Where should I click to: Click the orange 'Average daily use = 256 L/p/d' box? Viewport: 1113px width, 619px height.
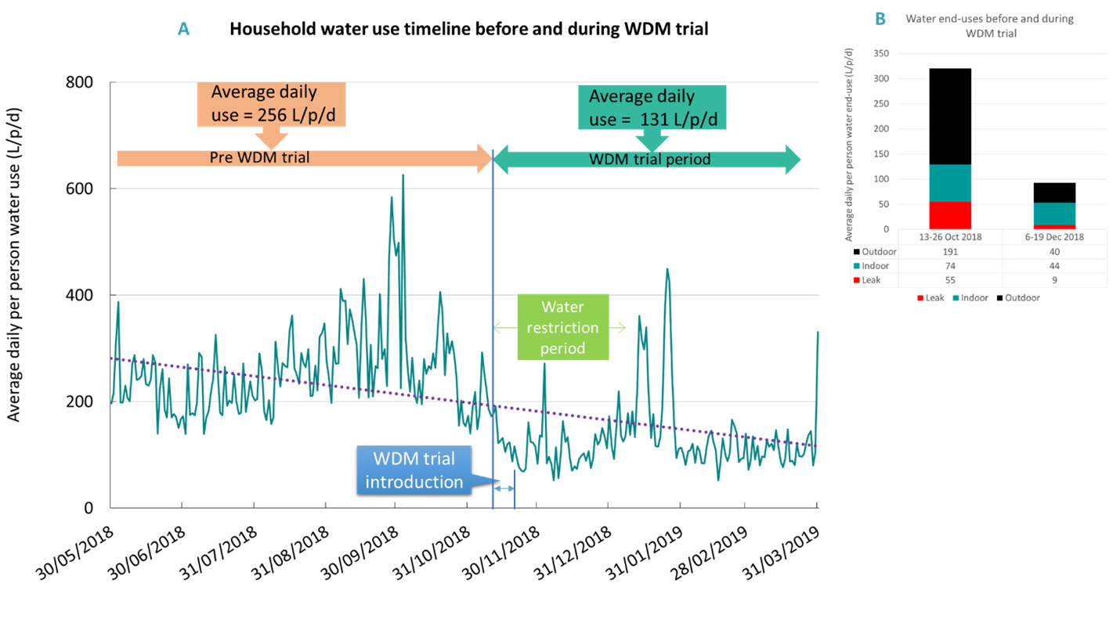(x=270, y=105)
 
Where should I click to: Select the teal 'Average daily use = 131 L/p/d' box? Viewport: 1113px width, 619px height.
(x=652, y=107)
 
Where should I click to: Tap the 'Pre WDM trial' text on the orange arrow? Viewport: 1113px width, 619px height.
(x=259, y=157)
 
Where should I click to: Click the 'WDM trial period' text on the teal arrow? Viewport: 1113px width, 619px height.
(x=649, y=159)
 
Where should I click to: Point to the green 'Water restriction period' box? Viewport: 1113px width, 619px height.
(x=562, y=327)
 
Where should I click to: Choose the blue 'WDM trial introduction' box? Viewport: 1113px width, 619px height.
(x=414, y=470)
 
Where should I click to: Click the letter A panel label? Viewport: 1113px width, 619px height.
(x=183, y=30)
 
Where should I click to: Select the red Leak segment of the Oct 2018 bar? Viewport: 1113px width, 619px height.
(x=950, y=215)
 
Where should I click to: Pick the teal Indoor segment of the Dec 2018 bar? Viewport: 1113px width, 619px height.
(x=1054, y=214)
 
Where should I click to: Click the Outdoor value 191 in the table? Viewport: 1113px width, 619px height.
(x=950, y=252)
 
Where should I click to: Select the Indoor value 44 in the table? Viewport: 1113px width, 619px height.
(x=1054, y=266)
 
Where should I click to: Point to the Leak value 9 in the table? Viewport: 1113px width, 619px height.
(x=1054, y=279)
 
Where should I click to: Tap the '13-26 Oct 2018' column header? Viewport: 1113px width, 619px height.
(x=950, y=237)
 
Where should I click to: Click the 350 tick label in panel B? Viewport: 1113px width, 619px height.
(x=880, y=54)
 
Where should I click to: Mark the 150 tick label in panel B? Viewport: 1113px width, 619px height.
(x=880, y=154)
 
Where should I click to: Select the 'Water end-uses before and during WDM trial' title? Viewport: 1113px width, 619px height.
(x=988, y=26)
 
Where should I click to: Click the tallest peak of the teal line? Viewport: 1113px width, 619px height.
(x=403, y=175)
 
